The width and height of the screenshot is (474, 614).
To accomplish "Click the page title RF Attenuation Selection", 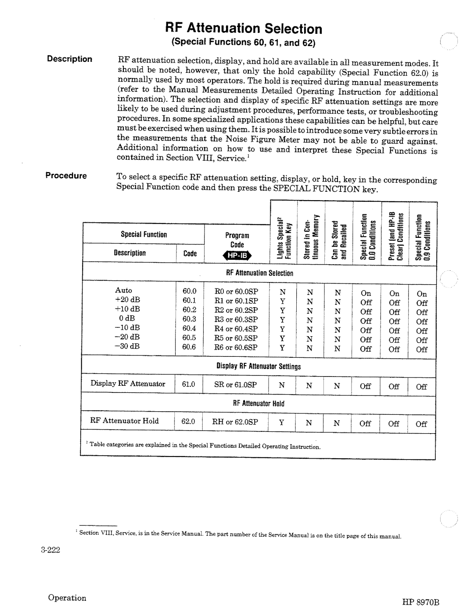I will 244,29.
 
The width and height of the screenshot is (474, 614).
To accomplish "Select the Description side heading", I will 70,59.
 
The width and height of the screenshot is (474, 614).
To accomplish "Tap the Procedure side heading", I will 67,176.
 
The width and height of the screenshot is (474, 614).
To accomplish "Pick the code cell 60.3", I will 189,319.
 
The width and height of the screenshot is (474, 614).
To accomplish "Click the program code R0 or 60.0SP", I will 236,291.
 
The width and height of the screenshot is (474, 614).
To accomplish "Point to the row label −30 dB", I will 127,346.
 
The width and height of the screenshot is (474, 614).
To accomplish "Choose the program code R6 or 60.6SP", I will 236,347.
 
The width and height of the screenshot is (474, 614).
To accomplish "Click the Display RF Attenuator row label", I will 128,384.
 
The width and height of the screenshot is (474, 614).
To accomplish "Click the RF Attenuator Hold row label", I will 125,421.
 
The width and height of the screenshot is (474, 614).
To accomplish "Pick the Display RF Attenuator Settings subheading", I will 259,366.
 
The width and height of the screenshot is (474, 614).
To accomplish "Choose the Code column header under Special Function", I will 190,253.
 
